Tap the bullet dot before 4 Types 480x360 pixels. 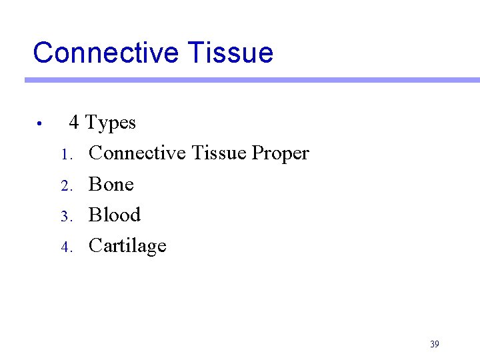40,123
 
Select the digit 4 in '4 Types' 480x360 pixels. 75,123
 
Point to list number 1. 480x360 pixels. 65,155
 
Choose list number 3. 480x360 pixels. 65,217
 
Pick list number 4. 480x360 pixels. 65,247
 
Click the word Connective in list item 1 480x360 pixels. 137,153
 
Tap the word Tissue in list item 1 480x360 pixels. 219,153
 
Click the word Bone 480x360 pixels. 111,185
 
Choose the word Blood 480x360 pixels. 115,215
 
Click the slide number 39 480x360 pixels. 435,344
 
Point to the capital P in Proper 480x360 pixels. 257,153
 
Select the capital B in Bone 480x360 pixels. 94,185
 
